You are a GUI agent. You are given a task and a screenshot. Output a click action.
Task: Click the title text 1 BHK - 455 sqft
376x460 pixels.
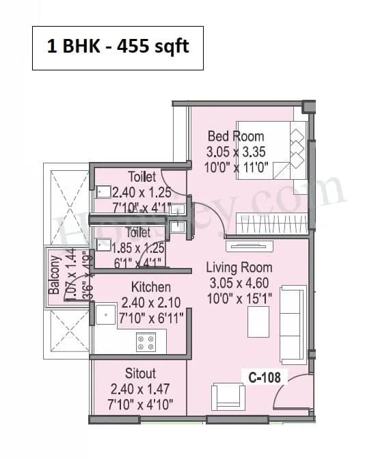click(x=118, y=47)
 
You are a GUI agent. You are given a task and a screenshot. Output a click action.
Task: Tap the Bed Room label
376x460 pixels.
click(x=235, y=136)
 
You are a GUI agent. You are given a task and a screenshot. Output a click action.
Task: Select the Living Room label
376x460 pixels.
click(x=239, y=268)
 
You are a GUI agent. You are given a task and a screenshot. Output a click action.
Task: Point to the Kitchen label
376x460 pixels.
click(x=151, y=287)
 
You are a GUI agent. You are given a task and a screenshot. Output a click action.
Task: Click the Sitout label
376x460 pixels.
click(x=140, y=374)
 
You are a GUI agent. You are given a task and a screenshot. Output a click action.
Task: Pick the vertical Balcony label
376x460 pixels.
click(x=54, y=275)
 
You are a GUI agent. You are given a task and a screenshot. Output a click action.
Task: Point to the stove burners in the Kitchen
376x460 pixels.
click(x=146, y=342)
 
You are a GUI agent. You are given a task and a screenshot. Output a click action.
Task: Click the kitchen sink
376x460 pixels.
click(x=105, y=315)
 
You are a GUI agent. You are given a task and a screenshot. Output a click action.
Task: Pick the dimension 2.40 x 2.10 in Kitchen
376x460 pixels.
click(x=150, y=301)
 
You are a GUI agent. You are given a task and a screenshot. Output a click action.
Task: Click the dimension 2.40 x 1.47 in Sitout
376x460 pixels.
click(x=140, y=389)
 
